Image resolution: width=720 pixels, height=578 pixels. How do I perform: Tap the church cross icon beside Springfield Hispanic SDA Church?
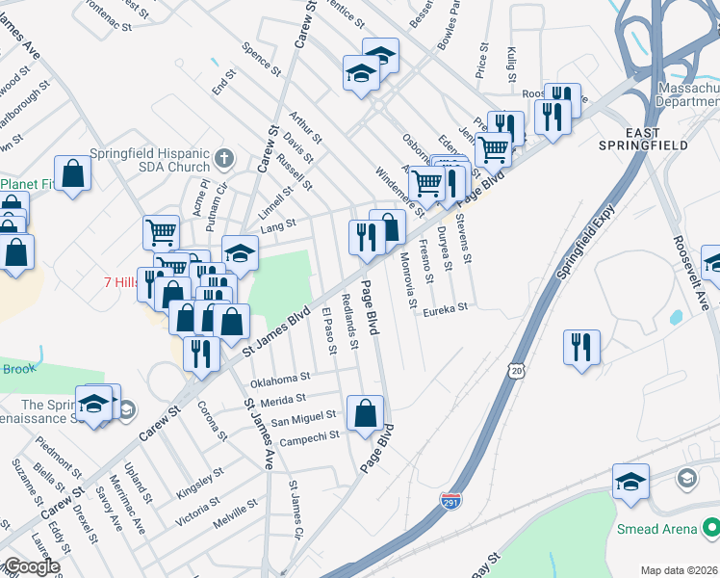[224, 157]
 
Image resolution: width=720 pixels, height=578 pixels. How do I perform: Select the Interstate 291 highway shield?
[450, 502]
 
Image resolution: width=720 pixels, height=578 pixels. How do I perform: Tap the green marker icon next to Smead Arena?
[710, 528]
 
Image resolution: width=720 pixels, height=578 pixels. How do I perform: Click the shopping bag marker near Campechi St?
[365, 414]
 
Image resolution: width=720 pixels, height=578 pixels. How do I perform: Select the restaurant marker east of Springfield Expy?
[581, 348]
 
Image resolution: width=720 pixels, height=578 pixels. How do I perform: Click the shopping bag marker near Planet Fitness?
[72, 174]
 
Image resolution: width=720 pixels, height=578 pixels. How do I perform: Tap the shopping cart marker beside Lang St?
[161, 232]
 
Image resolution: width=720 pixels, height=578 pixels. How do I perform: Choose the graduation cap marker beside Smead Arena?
[630, 482]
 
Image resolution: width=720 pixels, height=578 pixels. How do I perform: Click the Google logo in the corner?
[31, 566]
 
